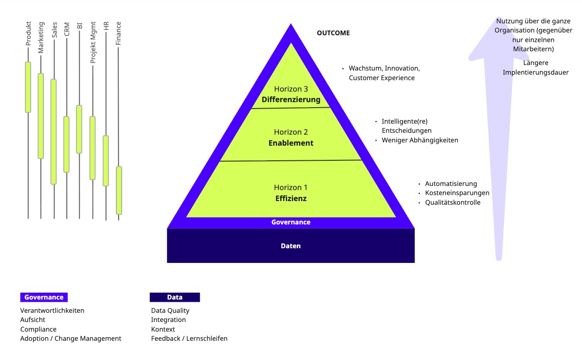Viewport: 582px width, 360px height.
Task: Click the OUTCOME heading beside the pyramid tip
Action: (333, 33)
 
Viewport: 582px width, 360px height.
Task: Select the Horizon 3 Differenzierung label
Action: (291, 94)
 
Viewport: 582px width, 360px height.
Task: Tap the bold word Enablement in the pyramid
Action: (291, 143)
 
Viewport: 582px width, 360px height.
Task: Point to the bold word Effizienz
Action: (291, 198)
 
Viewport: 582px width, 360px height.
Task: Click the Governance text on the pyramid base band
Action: (291, 222)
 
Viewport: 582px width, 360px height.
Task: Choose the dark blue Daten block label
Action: (291, 246)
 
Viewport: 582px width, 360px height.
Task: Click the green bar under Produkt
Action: (28, 87)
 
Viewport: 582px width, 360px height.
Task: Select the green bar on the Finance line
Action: (119, 190)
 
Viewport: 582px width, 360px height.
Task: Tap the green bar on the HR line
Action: (106, 161)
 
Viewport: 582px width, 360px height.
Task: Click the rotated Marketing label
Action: (41, 38)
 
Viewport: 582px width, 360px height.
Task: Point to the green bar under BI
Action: (79, 129)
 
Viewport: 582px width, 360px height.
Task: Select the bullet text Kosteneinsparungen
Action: (457, 193)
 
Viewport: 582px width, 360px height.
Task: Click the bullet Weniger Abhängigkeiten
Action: (420, 140)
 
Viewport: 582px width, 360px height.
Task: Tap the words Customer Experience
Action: (381, 78)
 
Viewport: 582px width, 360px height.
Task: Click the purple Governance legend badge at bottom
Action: (44, 297)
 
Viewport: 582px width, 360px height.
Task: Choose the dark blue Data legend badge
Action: (175, 297)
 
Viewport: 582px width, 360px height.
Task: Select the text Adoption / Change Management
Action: (71, 338)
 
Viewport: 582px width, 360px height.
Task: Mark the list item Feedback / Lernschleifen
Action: (189, 338)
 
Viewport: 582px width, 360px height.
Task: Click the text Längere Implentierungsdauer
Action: (535, 68)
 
